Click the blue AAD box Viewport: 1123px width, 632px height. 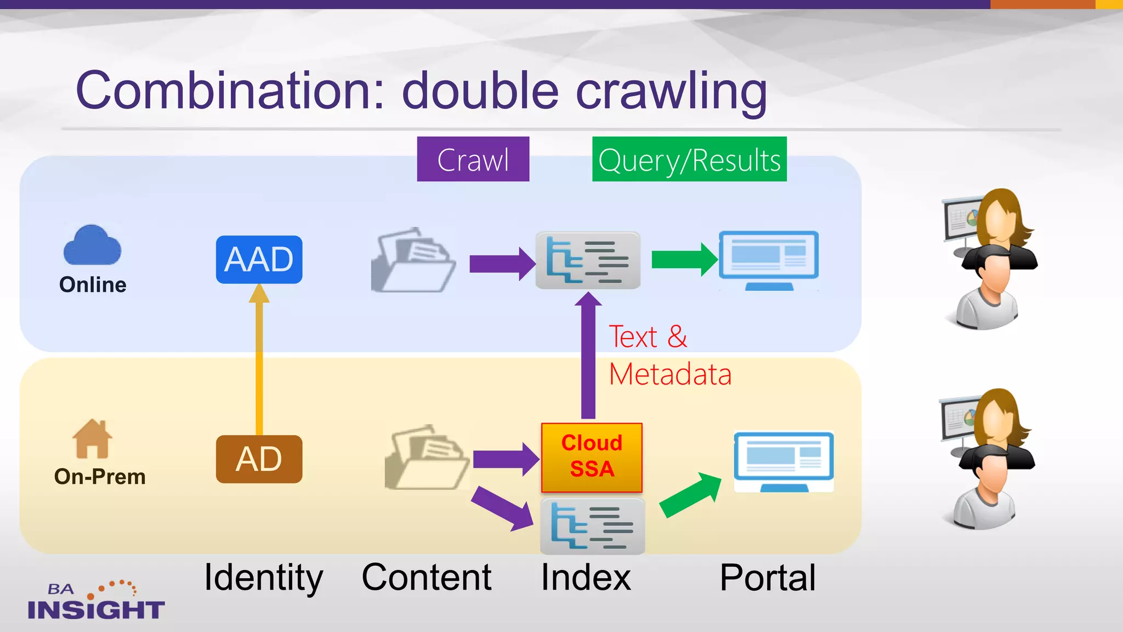point(259,259)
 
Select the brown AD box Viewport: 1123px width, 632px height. point(259,459)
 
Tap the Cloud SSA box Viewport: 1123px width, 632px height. point(592,457)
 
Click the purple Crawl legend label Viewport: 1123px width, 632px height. point(473,160)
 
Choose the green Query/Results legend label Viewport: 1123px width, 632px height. point(689,160)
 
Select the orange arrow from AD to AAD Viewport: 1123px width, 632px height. point(259,362)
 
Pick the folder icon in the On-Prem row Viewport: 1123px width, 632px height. point(427,458)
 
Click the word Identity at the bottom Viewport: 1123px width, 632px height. point(263,578)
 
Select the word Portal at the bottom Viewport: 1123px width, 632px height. point(768,578)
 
